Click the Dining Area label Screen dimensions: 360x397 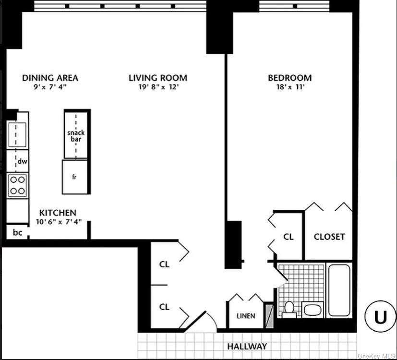coord(50,78)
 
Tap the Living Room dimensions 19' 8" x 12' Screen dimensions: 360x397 coord(158,87)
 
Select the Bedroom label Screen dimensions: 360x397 coord(289,78)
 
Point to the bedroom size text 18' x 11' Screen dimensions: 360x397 coord(289,87)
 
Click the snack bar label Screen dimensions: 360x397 coord(76,136)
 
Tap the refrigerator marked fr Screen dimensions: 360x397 coord(75,177)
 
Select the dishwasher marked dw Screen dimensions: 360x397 coord(22,162)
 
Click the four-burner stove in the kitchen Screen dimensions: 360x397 coord(17,185)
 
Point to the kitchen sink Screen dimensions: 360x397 coord(17,134)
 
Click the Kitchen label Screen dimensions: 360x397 coord(58,213)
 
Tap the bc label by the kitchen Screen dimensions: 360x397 coord(17,233)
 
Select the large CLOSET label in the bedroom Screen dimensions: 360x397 coord(329,237)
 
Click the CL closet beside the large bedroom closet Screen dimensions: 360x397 coord(288,237)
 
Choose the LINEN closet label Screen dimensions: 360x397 coord(246,316)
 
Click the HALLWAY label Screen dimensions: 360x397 coord(247,346)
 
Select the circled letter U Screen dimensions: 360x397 coord(380,317)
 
